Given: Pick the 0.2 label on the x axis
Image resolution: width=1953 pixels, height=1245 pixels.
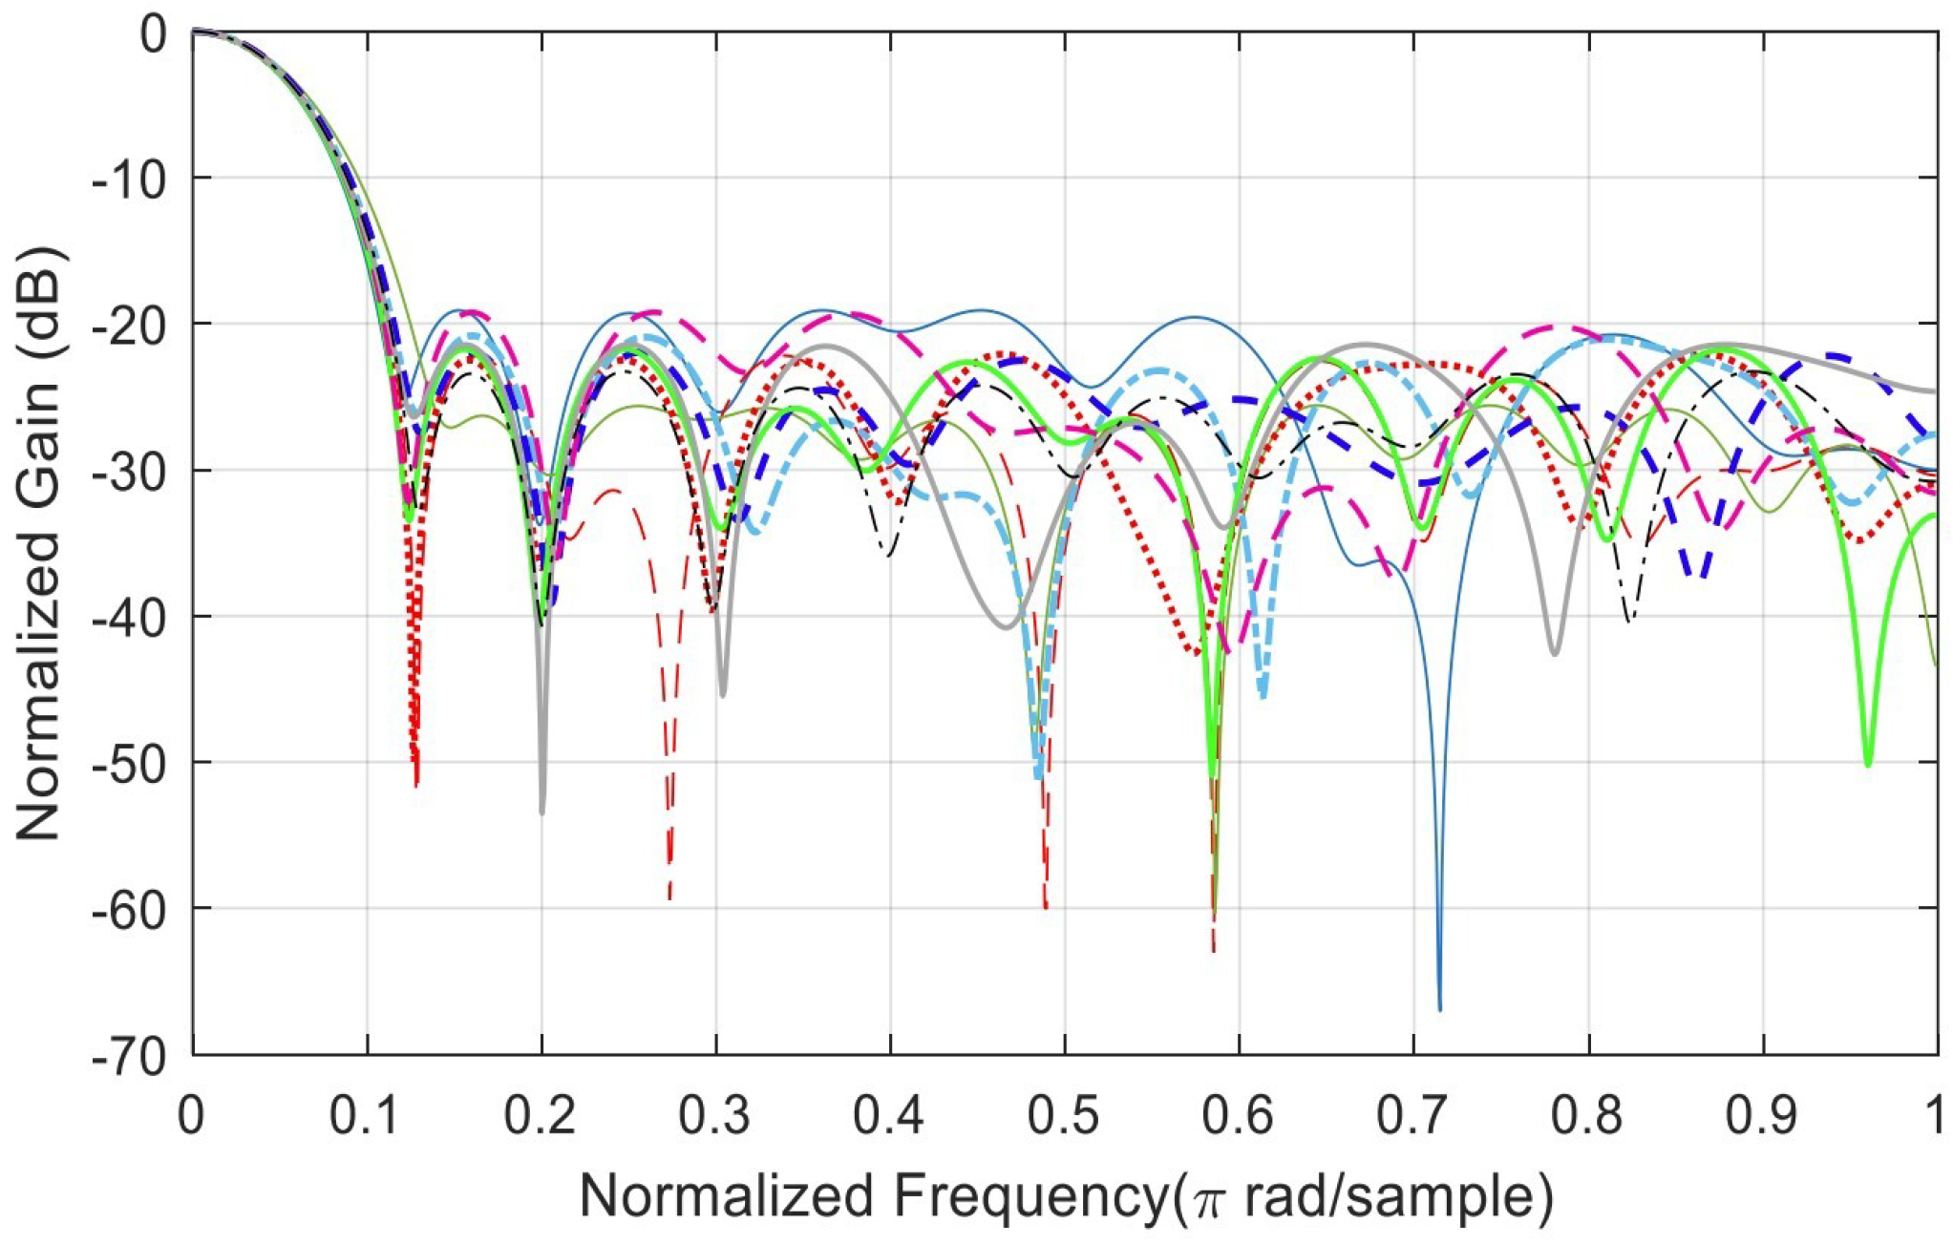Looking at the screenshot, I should point(541,1115).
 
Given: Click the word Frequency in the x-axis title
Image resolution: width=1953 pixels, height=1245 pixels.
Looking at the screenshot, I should point(1026,1196).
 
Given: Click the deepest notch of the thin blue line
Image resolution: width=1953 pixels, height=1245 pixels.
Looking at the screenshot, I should point(1439,1007).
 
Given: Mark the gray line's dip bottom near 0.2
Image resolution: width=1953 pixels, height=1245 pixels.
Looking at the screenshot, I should point(541,812).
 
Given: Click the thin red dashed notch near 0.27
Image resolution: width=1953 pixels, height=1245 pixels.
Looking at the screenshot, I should point(669,896).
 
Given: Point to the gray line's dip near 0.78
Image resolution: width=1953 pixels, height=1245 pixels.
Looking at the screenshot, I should point(1555,653).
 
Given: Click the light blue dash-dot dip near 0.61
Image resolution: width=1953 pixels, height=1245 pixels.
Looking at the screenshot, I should point(1263,695).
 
